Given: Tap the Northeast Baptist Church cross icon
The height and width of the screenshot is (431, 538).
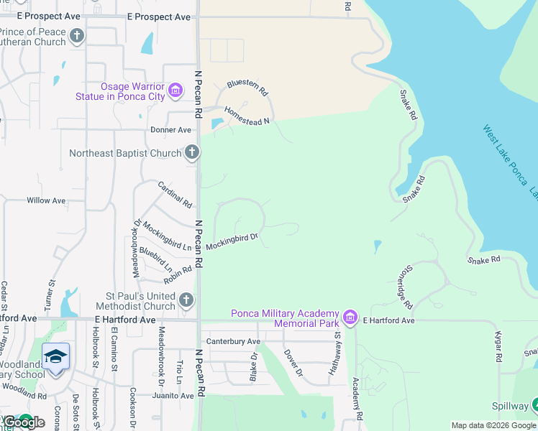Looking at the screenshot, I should pos(191,152).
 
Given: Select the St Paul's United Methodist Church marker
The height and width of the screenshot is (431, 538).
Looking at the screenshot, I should pos(186,300).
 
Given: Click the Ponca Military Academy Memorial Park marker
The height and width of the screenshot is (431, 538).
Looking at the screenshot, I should pos(350,318).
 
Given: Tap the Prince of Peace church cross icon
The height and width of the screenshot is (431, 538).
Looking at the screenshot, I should pos(77,36).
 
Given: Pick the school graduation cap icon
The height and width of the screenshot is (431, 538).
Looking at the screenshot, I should pos(55,357).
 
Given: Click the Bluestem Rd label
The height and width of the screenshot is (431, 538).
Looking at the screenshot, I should pos(247,88).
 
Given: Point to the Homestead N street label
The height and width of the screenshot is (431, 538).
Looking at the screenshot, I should pos(246,116).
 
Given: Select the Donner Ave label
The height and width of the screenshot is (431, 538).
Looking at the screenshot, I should pos(170,130).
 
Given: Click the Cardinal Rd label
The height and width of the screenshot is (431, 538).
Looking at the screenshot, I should pos(175,194).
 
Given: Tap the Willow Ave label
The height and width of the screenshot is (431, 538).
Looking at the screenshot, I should pos(46,200).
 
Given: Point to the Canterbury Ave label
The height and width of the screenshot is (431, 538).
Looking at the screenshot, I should pos(232,341).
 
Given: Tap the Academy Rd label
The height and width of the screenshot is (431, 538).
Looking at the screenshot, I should pos(357,398).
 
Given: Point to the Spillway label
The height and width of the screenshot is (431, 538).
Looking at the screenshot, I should pos(510,406).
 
